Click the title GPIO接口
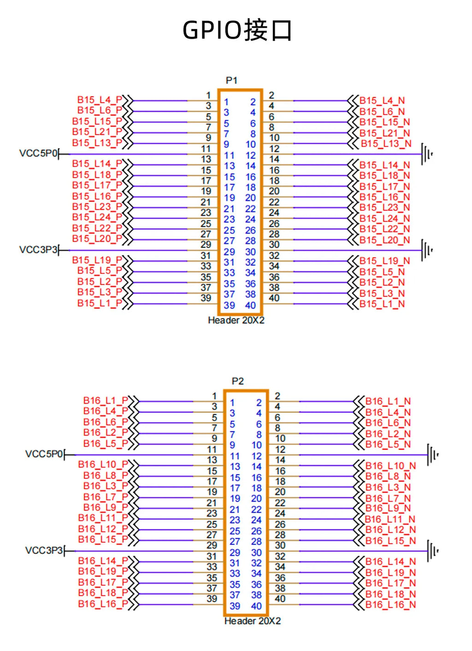237,30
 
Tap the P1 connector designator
231,80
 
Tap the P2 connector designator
237,381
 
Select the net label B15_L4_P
100,100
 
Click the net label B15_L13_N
386,144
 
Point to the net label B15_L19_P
97,260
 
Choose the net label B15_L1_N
382,304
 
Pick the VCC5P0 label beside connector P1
38,153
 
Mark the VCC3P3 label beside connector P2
44,550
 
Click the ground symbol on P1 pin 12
427,154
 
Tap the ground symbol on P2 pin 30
433,551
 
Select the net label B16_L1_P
106,401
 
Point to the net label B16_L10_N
390,466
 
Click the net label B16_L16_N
390,605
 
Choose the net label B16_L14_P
103,561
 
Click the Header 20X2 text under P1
236,320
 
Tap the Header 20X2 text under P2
253,621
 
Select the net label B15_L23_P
97,207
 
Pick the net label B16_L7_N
388,499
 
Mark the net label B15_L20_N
384,240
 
